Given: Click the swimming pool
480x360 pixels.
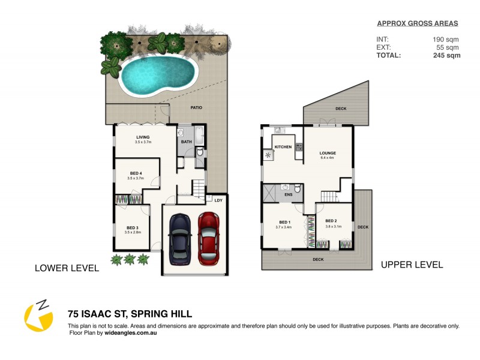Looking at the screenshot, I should coord(158,75).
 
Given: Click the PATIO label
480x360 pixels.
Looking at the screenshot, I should coord(196,108).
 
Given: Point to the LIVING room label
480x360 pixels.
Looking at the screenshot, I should coord(142,137).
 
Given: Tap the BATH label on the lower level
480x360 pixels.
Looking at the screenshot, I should coord(186,142).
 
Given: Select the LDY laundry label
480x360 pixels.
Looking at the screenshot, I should coord(218,200).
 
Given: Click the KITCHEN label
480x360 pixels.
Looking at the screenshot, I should coord(283,147).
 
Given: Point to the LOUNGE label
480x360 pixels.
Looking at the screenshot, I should coord(328,153).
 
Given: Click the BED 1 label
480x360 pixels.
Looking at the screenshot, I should coord(283,222).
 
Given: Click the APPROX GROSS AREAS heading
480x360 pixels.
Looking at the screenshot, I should coord(417,23).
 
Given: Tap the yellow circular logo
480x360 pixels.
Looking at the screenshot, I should coord(38,316).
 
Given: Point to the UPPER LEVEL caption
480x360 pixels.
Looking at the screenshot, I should coord(412,265).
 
